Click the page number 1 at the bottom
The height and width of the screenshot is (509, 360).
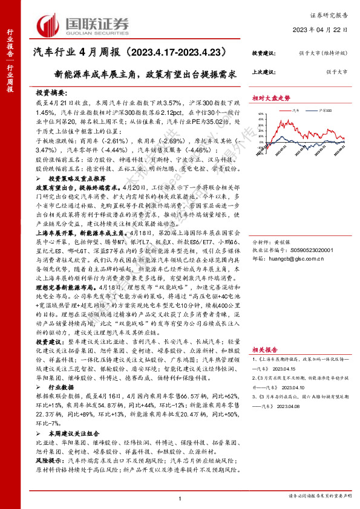pos(180,498)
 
